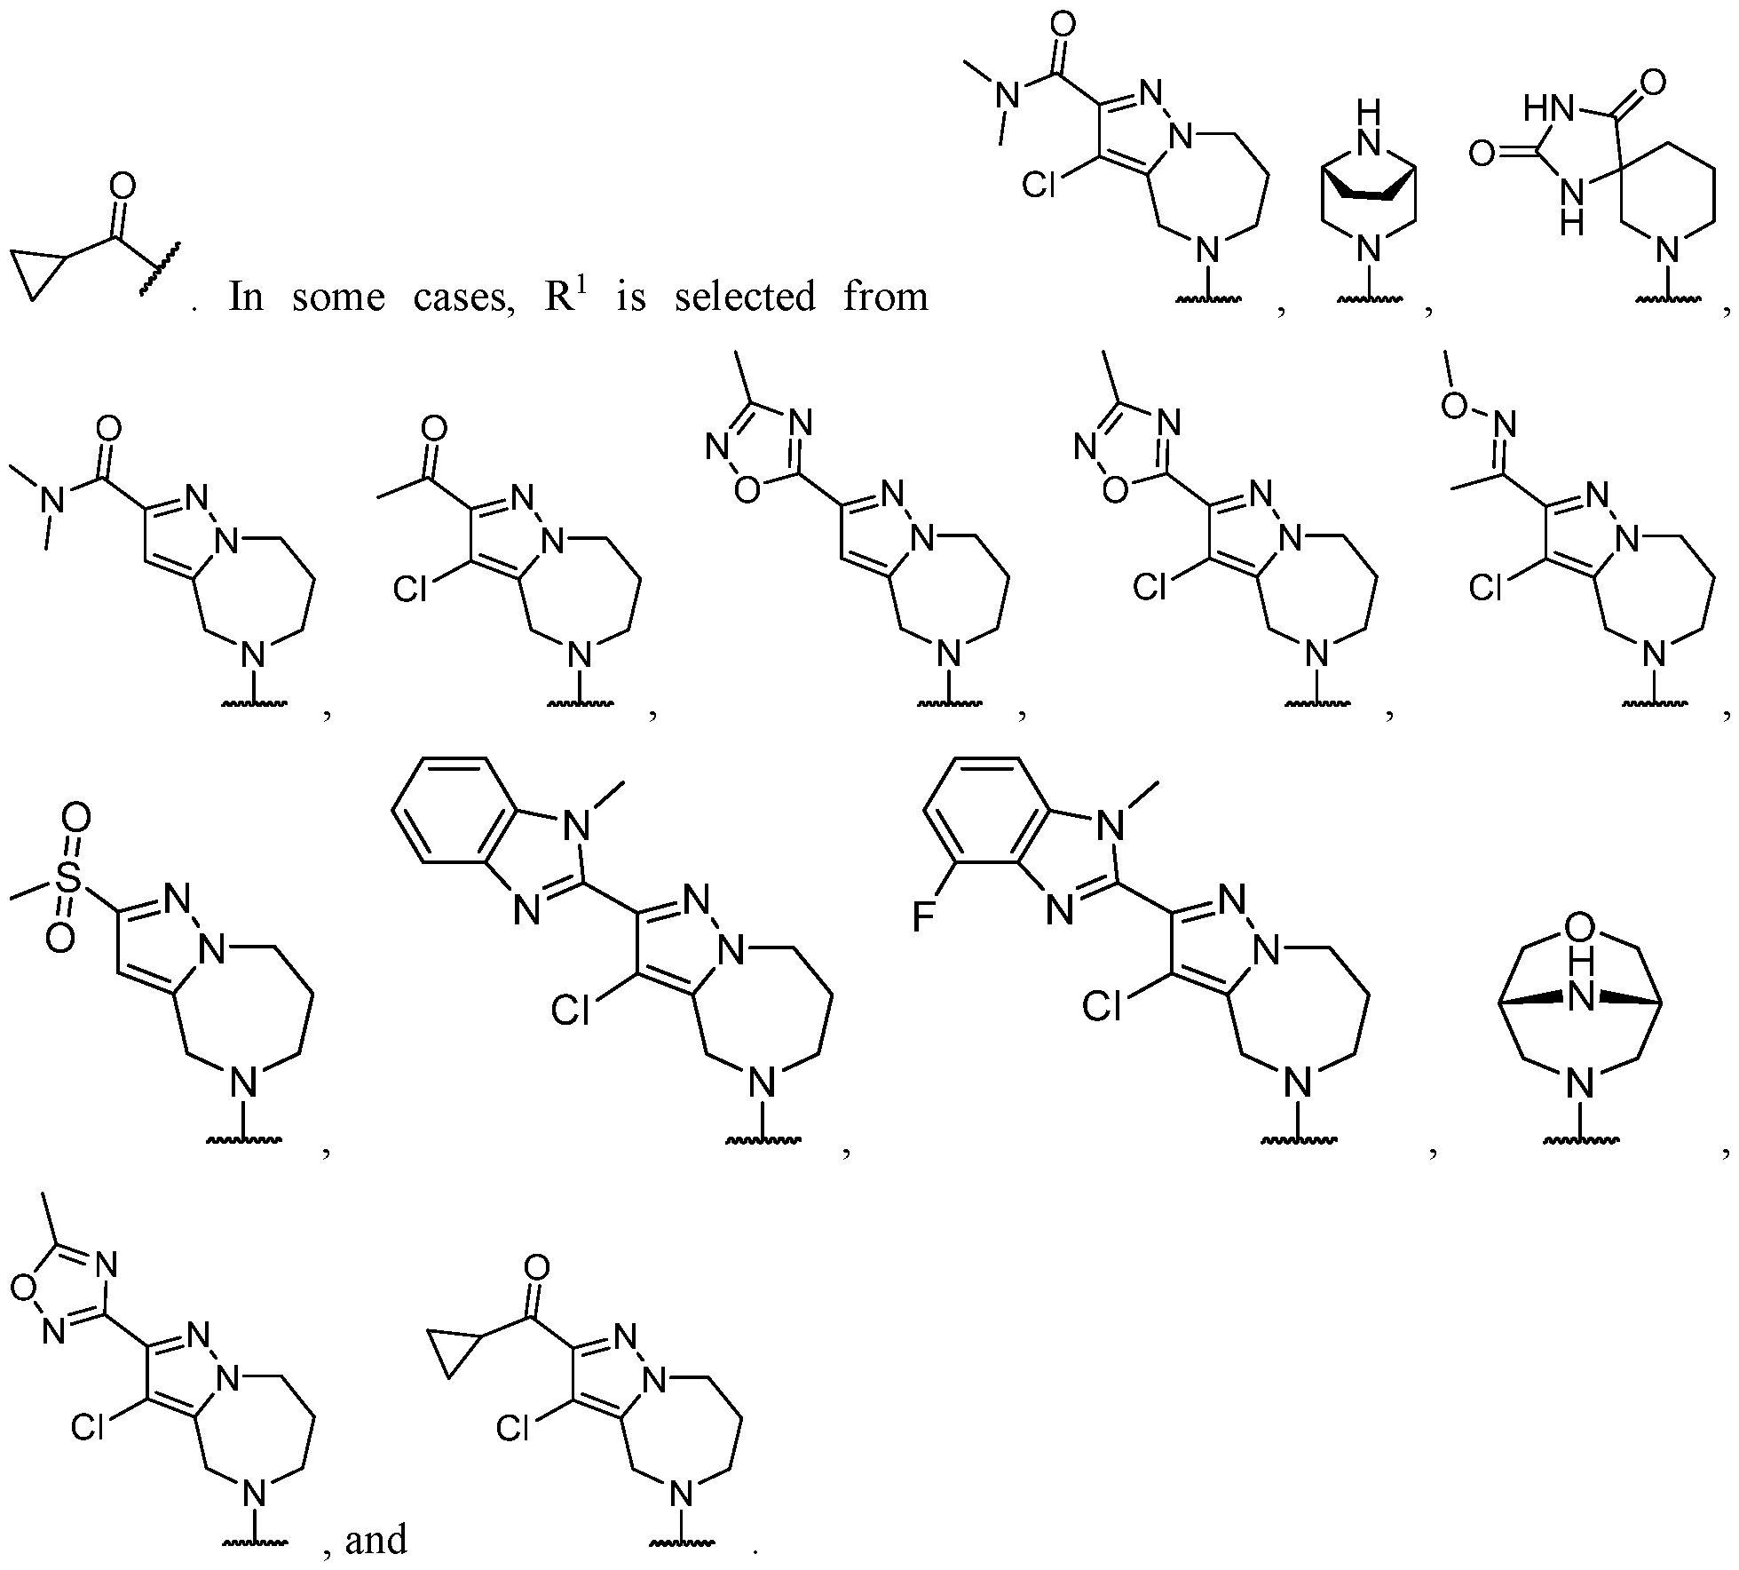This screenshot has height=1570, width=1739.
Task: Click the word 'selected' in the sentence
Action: [x=745, y=297]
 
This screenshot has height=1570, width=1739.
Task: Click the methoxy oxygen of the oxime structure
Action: [x=1453, y=405]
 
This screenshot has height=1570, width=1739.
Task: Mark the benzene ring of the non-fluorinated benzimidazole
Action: [x=454, y=810]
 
